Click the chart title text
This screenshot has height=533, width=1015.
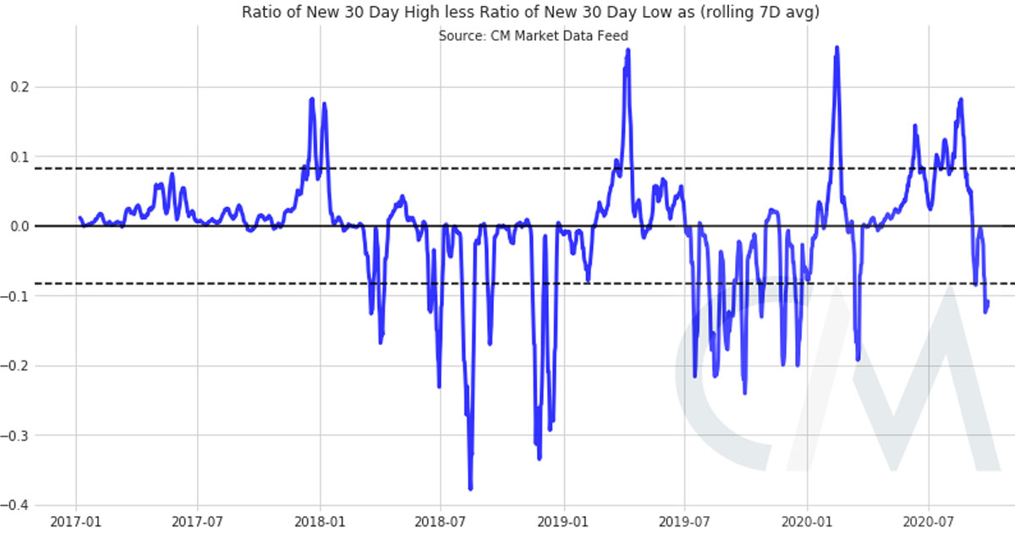[x=531, y=13]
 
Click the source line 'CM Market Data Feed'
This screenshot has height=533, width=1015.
[x=533, y=36]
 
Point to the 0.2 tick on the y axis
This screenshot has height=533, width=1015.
[x=19, y=87]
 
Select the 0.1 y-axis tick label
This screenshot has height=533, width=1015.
[x=19, y=157]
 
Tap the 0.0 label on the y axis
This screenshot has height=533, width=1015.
[x=19, y=227]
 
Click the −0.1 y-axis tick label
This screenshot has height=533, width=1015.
[x=16, y=296]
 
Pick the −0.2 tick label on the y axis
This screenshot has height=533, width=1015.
[x=16, y=366]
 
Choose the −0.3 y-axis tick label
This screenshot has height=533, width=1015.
[x=16, y=436]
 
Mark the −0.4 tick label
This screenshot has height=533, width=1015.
[x=16, y=506]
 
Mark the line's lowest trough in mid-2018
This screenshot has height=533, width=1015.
[x=470, y=488]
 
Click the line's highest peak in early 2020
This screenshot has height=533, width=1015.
[x=837, y=48]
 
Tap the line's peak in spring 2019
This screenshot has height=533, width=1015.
[x=628, y=50]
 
